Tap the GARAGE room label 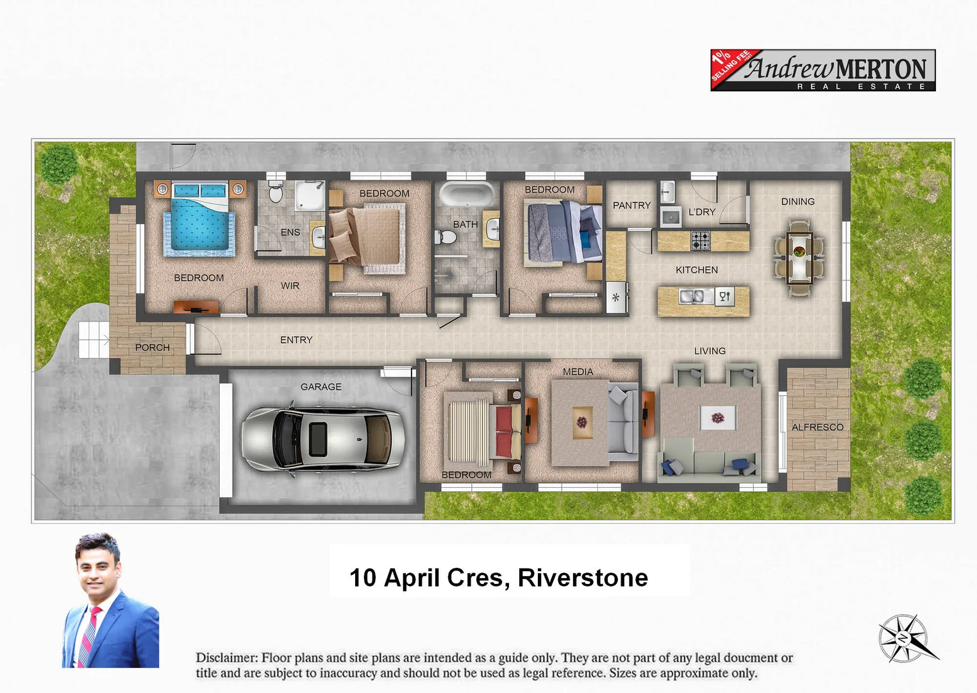pyautogui.click(x=321, y=387)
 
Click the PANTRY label pyautogui.click(x=631, y=205)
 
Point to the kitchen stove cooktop pyautogui.click(x=700, y=241)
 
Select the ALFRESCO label pyautogui.click(x=817, y=427)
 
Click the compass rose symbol pyautogui.click(x=904, y=638)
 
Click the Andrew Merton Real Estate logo pyautogui.click(x=823, y=71)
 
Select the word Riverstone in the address pyautogui.click(x=582, y=577)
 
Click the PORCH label pyautogui.click(x=152, y=347)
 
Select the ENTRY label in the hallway pyautogui.click(x=296, y=339)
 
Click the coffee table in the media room pyautogui.click(x=581, y=423)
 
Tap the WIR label pyautogui.click(x=290, y=286)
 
